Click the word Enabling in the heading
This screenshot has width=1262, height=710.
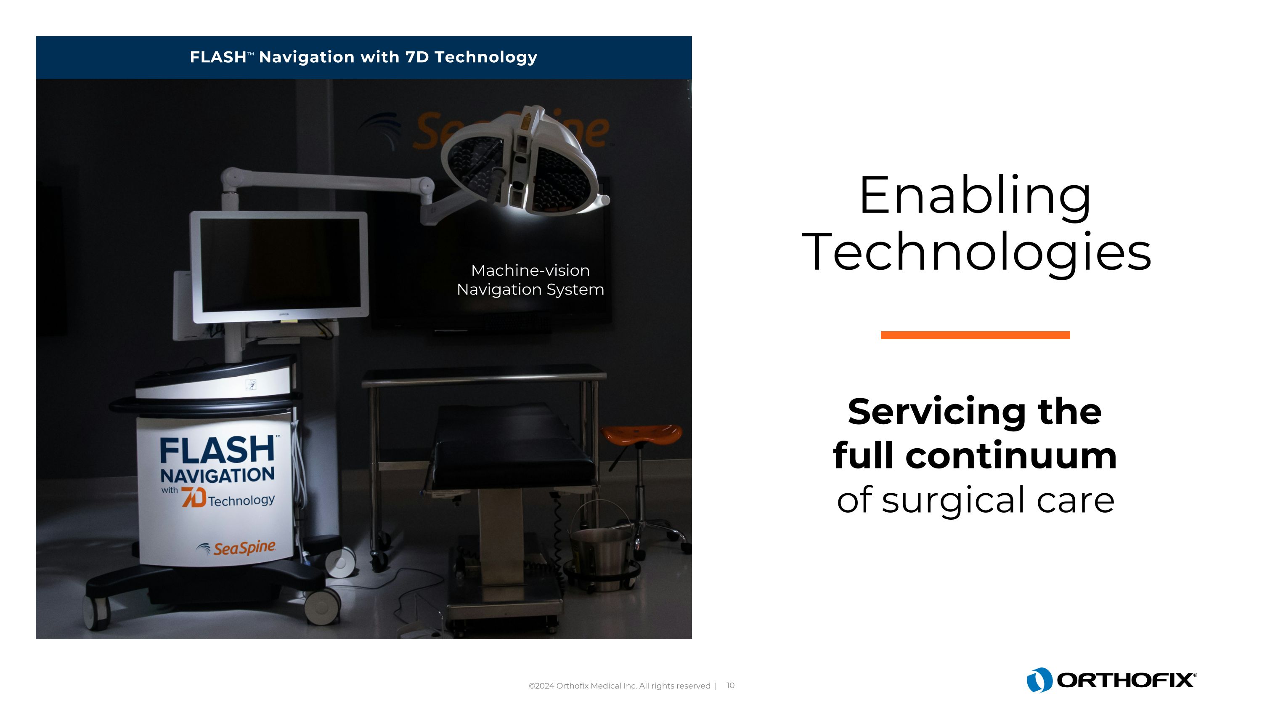(x=975, y=196)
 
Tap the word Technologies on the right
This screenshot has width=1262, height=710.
(x=976, y=253)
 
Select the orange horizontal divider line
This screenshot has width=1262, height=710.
(x=975, y=335)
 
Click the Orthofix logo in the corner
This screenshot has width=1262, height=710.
(x=1111, y=680)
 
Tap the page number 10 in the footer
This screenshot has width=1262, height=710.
(x=730, y=686)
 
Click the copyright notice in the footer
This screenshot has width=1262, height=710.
(x=619, y=686)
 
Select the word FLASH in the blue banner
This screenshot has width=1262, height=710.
(x=217, y=57)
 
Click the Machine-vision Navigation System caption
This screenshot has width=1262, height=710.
(x=530, y=280)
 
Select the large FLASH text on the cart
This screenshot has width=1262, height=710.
(x=217, y=450)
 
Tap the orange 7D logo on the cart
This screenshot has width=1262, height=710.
(x=193, y=497)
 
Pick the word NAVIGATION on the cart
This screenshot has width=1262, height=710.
(x=217, y=475)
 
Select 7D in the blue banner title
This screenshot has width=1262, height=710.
(x=417, y=57)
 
